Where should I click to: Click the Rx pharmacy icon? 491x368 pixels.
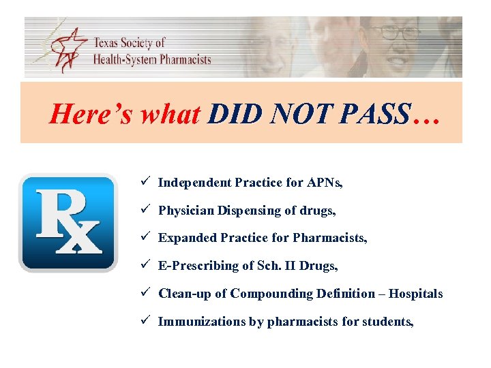tap(68, 223)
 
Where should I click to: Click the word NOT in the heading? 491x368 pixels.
tap(301, 114)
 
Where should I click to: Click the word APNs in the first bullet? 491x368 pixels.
tap(323, 183)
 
